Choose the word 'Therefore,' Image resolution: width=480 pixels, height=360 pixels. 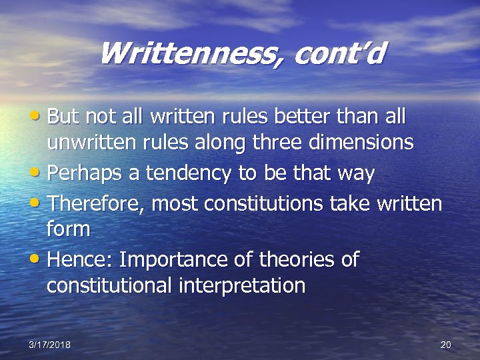[x=97, y=203]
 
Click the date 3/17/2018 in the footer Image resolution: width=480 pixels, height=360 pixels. [x=50, y=344]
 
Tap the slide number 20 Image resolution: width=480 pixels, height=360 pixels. [x=446, y=344]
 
